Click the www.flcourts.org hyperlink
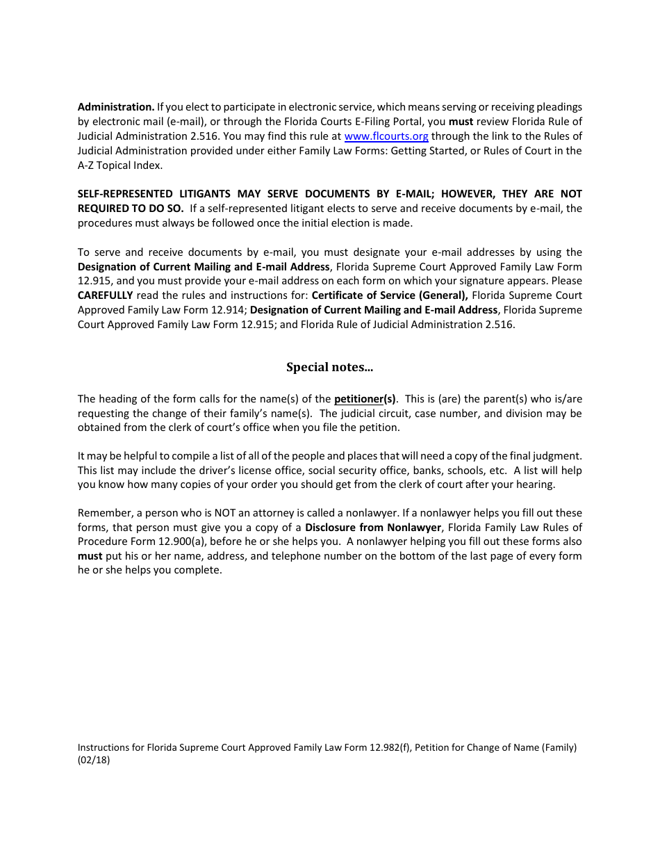coord(386,136)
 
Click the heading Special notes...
coord(330,367)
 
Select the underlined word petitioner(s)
coord(365,399)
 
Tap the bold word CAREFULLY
coord(105,295)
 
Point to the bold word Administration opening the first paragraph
coord(116,107)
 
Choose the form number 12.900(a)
coord(178,541)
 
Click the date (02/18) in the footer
coord(94,760)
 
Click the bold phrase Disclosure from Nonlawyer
coord(373,528)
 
